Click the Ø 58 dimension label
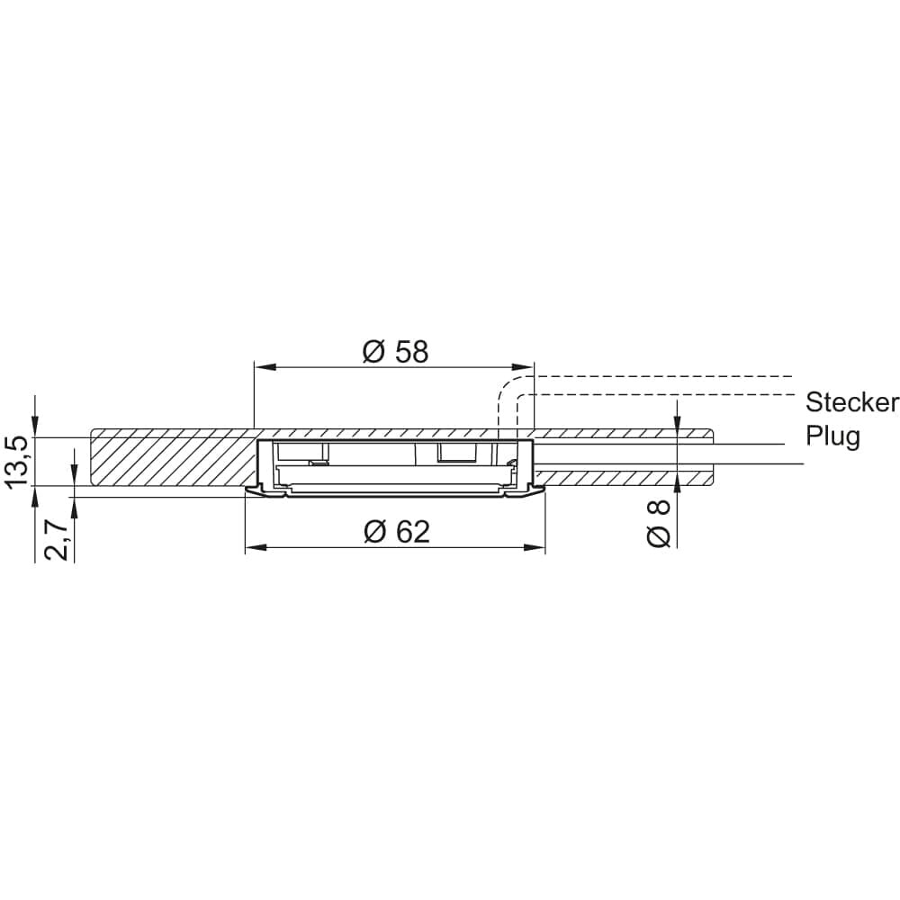tap(395, 351)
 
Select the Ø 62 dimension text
tap(397, 532)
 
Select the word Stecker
tap(851, 402)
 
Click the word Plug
tap(832, 436)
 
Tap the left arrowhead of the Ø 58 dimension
tap(263, 367)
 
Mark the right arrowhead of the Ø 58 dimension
tap(524, 367)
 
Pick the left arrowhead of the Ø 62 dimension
tap(255, 548)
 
